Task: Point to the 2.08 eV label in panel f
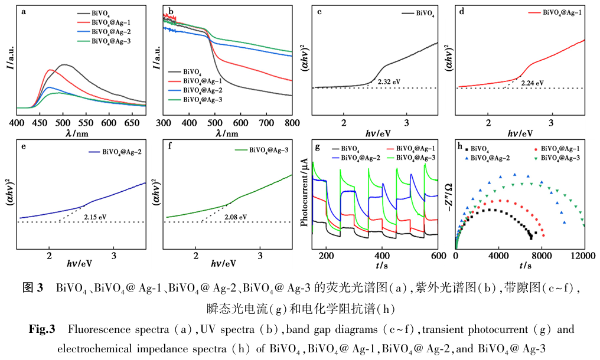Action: pyautogui.click(x=236, y=216)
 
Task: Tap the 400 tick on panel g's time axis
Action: pyautogui.click(x=382, y=256)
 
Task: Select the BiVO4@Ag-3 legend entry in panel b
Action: pyautogui.click(x=202, y=100)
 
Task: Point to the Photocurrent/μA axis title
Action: pyautogui.click(x=304, y=192)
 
